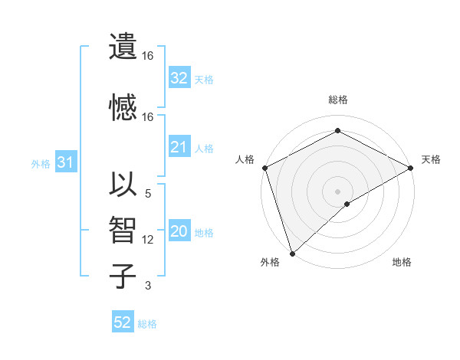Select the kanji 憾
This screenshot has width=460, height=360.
pos(123,106)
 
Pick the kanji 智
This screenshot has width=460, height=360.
pos(123,229)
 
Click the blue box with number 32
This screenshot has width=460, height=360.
pos(179,78)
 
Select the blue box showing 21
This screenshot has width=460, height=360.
pos(179,148)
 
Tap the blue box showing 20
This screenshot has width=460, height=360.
pos(179,232)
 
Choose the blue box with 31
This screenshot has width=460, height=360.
pos(65,162)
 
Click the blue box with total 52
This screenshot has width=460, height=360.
pos(123,323)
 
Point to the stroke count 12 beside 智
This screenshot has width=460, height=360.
pos(148,240)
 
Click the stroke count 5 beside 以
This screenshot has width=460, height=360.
pos(148,194)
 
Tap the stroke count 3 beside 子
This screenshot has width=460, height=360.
pos(148,286)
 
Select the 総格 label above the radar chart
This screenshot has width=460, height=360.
pos(337,100)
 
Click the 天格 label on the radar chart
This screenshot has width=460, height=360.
pos(431,159)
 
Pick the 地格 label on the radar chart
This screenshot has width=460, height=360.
pos(402,263)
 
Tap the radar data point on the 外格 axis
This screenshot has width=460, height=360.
pos(291,253)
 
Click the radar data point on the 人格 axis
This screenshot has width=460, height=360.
pos(264,168)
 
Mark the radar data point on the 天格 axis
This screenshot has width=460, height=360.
pos(411,168)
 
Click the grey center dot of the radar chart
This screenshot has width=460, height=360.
pos(337,191)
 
